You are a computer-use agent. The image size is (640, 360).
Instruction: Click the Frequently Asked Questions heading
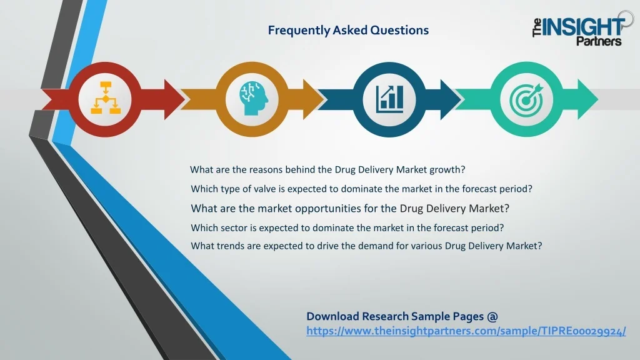[348, 30]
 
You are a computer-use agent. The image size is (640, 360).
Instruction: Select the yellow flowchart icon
[105, 98]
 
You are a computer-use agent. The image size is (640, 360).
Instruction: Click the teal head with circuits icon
[253, 98]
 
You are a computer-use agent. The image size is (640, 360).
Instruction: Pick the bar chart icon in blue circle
[390, 99]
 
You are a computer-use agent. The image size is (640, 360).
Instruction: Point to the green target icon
[527, 99]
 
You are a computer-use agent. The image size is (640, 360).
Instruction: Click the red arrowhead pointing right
[174, 99]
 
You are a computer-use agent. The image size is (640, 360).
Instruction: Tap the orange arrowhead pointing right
[313, 99]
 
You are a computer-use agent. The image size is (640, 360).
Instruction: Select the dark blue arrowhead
[450, 99]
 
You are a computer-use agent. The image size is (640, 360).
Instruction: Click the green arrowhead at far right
[587, 99]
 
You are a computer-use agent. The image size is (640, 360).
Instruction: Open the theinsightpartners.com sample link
[466, 331]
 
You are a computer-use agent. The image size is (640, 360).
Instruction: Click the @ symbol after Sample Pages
[492, 317]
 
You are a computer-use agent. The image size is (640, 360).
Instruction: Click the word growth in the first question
[447, 170]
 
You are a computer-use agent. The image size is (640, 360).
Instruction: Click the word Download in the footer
[332, 316]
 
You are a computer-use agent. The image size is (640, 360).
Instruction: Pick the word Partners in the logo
[599, 41]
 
